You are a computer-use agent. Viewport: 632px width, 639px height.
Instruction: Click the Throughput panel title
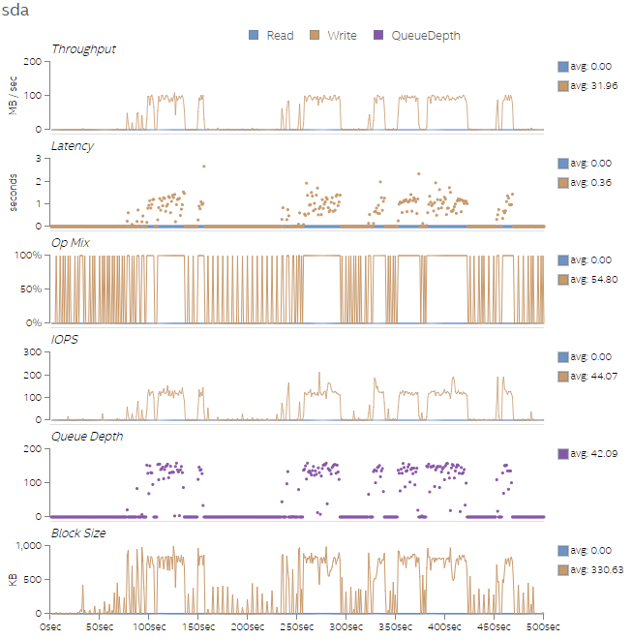[x=83, y=49]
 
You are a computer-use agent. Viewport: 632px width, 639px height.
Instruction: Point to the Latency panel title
[x=73, y=146]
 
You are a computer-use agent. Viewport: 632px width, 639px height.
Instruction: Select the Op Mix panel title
[x=70, y=243]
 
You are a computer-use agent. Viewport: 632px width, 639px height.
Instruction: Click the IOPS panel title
[x=64, y=340]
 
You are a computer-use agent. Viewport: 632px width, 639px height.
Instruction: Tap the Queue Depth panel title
[x=87, y=437]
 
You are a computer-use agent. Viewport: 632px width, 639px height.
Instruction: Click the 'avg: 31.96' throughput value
[x=592, y=86]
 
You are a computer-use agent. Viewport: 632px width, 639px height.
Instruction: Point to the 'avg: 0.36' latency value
[x=589, y=183]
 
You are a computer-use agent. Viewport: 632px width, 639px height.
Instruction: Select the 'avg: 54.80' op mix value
[x=592, y=280]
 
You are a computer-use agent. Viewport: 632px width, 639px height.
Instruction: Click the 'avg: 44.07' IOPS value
[x=592, y=377]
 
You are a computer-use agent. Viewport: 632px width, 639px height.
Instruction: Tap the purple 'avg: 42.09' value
[x=592, y=454]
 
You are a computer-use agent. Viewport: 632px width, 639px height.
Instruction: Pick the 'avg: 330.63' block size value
[x=595, y=570]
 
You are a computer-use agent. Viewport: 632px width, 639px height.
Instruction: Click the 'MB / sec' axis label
[x=15, y=94]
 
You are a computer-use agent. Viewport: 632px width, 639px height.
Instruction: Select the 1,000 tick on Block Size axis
[x=30, y=546]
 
